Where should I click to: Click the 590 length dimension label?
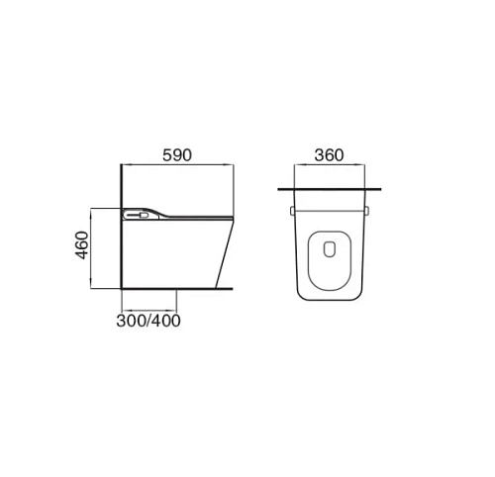pos(175,155)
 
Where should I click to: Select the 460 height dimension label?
pos(81,244)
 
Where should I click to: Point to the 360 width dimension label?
pos(331,155)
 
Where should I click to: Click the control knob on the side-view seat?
pos(131,212)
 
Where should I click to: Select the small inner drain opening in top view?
pos(331,250)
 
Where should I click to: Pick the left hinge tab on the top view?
pos(292,211)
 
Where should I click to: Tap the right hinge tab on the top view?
pos(369,211)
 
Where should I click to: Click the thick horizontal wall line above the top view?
pos(331,187)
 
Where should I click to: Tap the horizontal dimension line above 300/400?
pos(149,306)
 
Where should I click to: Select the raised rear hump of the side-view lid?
pos(148,209)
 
